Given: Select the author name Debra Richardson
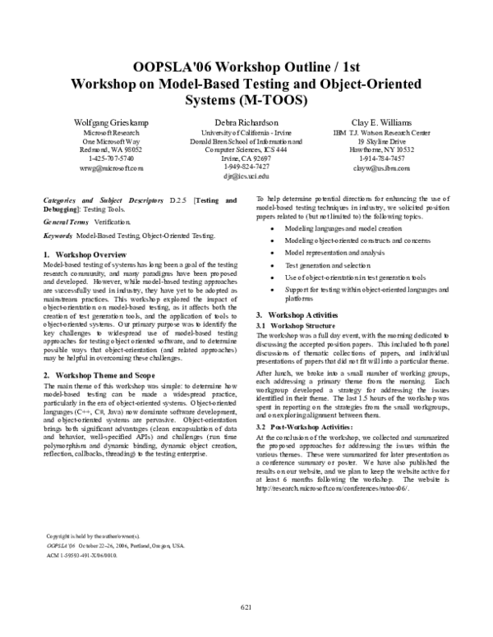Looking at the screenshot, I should coord(246,122).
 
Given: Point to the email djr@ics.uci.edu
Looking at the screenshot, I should coord(246,176).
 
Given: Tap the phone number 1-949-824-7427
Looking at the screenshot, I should coord(246,167).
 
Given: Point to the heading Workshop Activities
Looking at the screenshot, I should coord(297,315).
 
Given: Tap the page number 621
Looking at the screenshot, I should coord(246,607).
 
